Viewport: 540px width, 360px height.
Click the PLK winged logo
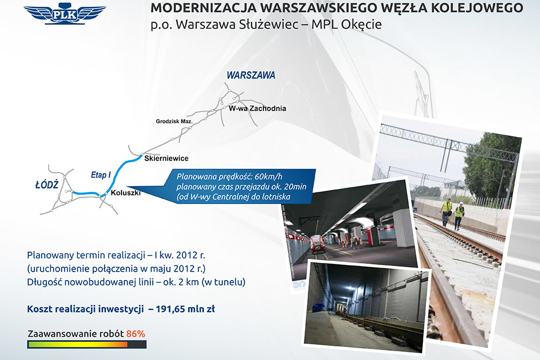point(65,14)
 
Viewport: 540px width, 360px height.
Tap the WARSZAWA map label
point(251,76)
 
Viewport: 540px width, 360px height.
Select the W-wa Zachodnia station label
point(257,108)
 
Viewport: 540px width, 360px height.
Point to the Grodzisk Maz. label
point(174,121)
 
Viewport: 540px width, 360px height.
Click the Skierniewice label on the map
point(166,158)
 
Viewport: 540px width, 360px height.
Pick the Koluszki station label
point(126,193)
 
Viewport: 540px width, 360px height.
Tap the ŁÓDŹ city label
point(47,185)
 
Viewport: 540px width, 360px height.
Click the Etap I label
point(100,175)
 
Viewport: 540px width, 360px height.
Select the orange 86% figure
point(136,334)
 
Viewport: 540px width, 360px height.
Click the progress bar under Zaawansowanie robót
point(87,344)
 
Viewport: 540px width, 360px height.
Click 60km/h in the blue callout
point(268,176)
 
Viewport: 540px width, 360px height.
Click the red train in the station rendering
point(317,244)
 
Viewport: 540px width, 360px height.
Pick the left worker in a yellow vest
point(447,212)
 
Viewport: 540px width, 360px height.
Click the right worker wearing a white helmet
point(458,216)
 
